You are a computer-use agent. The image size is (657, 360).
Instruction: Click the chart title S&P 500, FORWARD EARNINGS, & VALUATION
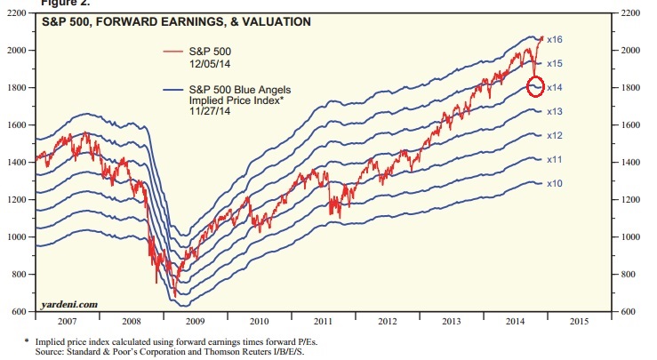pos(178,21)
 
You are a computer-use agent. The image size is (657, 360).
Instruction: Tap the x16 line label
pos(555,40)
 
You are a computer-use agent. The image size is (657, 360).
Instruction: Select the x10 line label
pos(555,183)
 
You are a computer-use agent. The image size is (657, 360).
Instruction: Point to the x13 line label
pos(555,111)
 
